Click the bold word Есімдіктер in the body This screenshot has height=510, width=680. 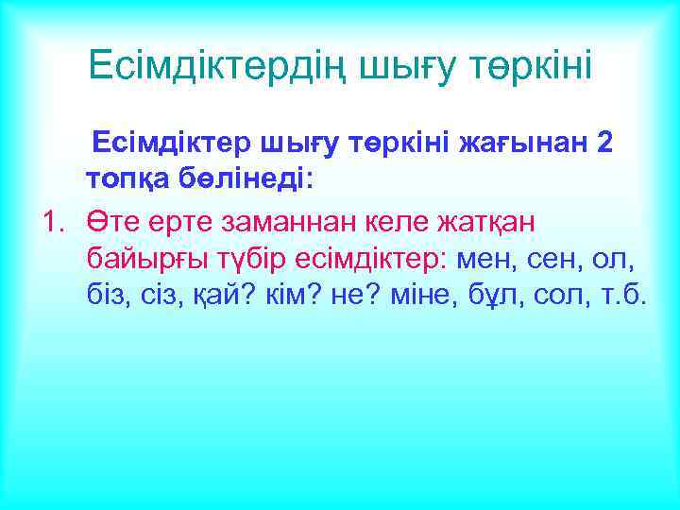click(165, 143)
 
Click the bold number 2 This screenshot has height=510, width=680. click(605, 143)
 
